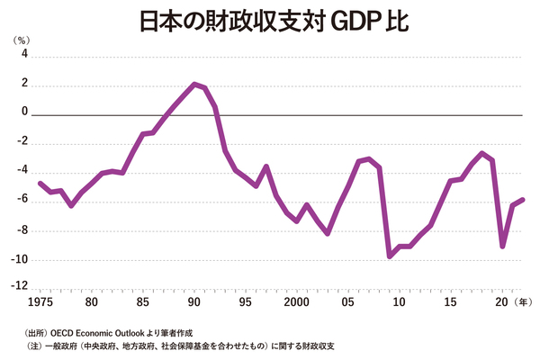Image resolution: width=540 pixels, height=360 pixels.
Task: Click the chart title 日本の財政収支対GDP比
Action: [x=270, y=20]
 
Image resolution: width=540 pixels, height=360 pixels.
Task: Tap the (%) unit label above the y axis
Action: [x=20, y=40]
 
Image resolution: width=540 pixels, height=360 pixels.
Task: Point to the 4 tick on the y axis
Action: [x=24, y=56]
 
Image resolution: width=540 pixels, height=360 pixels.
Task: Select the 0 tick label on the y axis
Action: [x=24, y=114]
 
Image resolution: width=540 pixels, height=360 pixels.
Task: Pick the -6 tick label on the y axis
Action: [x=22, y=201]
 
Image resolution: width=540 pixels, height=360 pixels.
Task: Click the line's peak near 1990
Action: [x=194, y=84]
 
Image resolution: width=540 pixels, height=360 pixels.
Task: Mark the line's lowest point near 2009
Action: [x=390, y=256]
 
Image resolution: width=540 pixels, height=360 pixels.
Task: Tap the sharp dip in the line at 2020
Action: [x=502, y=247]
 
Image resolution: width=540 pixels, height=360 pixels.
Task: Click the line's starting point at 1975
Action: [x=40, y=183]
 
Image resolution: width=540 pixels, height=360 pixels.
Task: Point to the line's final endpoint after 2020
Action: [x=523, y=200]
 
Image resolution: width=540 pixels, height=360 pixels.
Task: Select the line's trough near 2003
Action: [x=328, y=234]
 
